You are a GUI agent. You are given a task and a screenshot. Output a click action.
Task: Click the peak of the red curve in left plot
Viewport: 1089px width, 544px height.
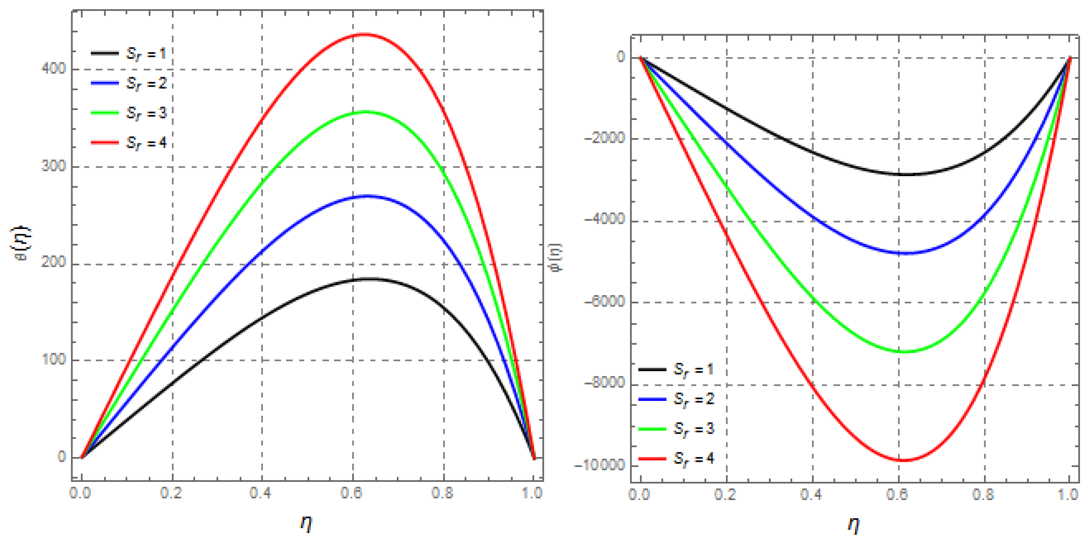(364, 35)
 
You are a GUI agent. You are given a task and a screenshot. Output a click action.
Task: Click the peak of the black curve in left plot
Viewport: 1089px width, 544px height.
(367, 279)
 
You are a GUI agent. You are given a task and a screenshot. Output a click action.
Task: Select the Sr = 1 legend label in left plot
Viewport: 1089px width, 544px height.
(146, 54)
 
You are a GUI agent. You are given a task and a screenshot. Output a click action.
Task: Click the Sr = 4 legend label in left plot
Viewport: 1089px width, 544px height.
(146, 143)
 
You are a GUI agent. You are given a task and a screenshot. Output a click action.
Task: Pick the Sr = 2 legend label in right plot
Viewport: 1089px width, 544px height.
(693, 399)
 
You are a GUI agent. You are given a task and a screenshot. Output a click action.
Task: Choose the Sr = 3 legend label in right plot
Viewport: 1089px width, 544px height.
(693, 429)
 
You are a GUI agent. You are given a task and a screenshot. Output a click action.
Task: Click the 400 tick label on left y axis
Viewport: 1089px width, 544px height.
(54, 68)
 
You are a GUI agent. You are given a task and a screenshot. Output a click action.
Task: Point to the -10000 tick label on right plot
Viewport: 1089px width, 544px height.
(600, 465)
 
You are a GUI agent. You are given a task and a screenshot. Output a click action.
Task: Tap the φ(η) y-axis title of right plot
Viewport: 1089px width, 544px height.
(558, 257)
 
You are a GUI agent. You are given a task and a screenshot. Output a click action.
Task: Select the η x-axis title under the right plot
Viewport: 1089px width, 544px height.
(853, 525)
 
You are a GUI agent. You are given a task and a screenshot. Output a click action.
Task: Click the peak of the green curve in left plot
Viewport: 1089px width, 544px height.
(365, 112)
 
